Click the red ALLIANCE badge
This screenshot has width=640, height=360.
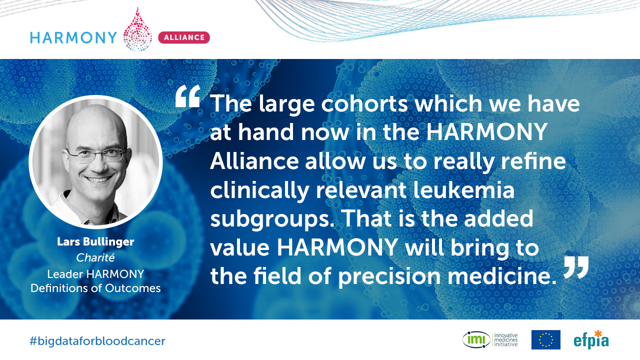click(184, 37)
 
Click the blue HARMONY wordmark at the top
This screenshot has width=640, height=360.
click(73, 37)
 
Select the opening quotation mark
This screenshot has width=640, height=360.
click(187, 96)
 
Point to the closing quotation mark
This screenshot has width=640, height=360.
click(576, 267)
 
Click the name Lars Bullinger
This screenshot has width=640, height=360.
click(95, 241)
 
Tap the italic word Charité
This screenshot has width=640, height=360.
click(95, 257)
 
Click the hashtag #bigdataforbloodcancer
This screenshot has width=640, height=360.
click(97, 341)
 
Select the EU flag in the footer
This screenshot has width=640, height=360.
click(545, 339)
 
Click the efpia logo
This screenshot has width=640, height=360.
click(591, 339)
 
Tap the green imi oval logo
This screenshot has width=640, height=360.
click(476, 339)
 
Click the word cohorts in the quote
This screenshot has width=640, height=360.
click(365, 103)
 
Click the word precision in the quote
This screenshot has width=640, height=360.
click(389, 277)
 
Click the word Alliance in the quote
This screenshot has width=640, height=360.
click(254, 161)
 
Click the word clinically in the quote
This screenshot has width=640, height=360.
click(259, 191)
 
